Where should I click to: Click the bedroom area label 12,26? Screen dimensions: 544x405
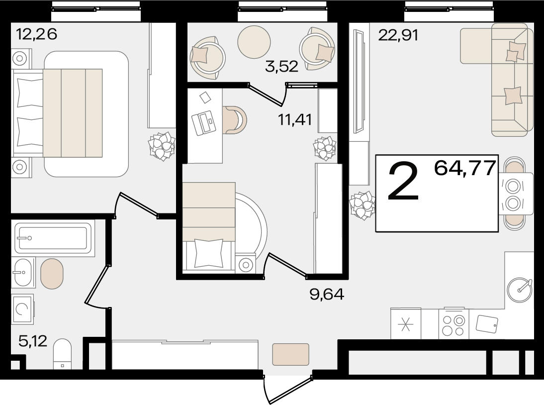click(x=36, y=34)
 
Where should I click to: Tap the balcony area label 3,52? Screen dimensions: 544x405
click(x=281, y=66)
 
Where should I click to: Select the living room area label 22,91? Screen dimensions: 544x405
click(x=398, y=35)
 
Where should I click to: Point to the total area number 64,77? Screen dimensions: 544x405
click(x=464, y=168)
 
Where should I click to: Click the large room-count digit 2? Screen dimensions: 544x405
click(x=403, y=182)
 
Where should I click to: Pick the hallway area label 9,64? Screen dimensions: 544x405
click(x=327, y=294)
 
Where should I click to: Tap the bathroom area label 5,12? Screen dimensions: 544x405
click(x=33, y=341)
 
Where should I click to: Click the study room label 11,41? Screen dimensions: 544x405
click(x=294, y=120)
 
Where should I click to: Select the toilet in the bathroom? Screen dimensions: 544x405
click(x=63, y=354)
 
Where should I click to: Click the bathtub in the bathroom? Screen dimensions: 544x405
click(x=53, y=238)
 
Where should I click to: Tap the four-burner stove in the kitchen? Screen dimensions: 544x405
click(x=454, y=324)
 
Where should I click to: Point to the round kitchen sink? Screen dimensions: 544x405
click(x=519, y=290)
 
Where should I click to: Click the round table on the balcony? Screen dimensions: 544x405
click(x=254, y=42)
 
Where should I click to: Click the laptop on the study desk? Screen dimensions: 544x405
click(x=204, y=123)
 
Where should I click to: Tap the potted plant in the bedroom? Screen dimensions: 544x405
click(x=162, y=146)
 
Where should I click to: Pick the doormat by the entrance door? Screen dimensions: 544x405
click(x=291, y=354)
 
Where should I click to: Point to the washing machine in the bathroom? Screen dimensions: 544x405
click(x=23, y=309)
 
